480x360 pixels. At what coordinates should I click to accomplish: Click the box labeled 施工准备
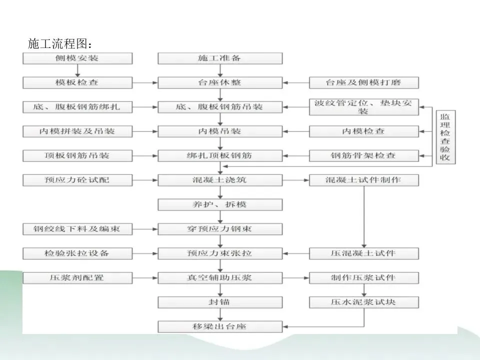(x=220, y=58)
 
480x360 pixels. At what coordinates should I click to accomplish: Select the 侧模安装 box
(x=77, y=58)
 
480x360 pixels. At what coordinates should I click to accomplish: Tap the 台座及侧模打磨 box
(x=363, y=82)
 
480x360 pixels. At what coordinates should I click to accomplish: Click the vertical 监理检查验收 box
(x=444, y=137)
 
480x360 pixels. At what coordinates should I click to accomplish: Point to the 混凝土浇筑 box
(x=220, y=179)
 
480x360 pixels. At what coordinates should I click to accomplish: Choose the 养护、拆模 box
(x=220, y=204)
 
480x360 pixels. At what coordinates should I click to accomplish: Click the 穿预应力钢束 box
(x=220, y=228)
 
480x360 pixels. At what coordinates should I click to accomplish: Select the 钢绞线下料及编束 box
(x=77, y=228)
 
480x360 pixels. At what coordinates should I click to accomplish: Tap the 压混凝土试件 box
(x=363, y=253)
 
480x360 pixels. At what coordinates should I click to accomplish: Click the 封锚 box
(x=220, y=302)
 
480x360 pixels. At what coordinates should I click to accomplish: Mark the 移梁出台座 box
(x=220, y=326)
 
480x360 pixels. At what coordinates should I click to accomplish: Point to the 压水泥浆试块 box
(x=363, y=302)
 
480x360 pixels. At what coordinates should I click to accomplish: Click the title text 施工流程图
(x=60, y=44)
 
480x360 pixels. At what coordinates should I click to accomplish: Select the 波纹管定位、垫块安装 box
(x=363, y=107)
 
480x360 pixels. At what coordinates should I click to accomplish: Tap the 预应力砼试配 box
(x=77, y=179)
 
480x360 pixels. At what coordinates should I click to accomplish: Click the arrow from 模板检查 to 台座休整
(x=145, y=82)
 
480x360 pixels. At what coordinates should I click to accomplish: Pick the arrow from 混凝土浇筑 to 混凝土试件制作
(x=295, y=179)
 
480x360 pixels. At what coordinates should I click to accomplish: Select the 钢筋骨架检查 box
(x=363, y=155)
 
